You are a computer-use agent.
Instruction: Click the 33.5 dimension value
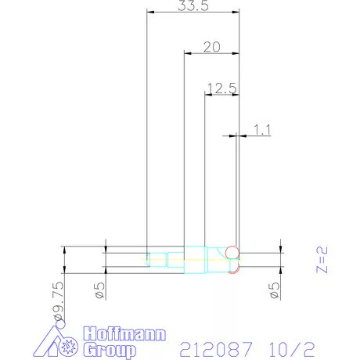click(x=193, y=6)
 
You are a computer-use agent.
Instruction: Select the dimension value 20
click(x=211, y=46)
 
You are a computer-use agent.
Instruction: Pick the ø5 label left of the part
click(x=99, y=291)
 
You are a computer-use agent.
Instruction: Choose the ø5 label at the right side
click(x=275, y=291)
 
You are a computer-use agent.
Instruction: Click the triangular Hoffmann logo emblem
click(x=60, y=341)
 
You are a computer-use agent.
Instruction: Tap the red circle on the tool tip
click(x=232, y=251)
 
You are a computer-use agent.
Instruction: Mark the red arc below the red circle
click(x=232, y=271)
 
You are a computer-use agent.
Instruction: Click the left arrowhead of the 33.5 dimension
click(x=150, y=12)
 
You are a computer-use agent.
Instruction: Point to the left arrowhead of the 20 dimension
click(x=186, y=52)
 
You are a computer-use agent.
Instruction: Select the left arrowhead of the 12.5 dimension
click(x=207, y=94)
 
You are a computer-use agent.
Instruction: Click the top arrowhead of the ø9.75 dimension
click(x=63, y=250)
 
